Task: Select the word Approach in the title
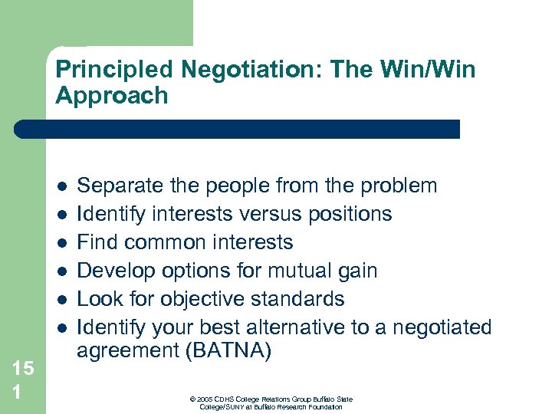(111, 96)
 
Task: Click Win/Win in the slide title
(435, 71)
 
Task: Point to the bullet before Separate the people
(61, 186)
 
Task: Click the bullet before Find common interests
(61, 243)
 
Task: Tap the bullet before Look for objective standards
(61, 300)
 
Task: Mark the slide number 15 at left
(23, 369)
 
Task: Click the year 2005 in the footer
(203, 399)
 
